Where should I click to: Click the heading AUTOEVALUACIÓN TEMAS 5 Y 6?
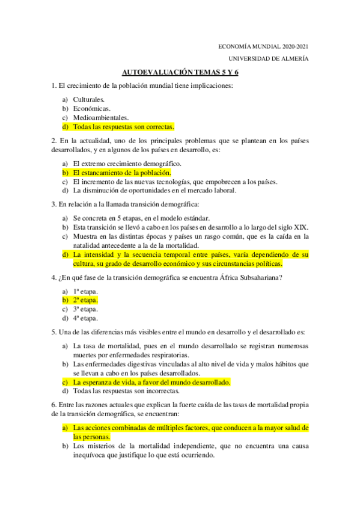coord(184,72)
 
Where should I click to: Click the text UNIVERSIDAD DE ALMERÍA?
coord(269,58)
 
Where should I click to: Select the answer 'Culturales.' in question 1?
coord(89,99)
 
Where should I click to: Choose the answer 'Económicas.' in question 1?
coord(91,108)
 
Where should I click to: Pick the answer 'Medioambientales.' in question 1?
coord(101,118)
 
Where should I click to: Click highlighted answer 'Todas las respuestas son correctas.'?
coord(123,127)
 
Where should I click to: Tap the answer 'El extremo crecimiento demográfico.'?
coord(127,163)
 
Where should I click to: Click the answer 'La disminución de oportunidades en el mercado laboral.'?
coord(154,191)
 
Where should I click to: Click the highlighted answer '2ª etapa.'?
coord(85,300)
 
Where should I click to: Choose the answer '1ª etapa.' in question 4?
coord(85,290)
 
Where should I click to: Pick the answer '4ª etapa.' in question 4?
coord(85,318)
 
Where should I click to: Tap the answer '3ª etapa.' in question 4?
coord(85,309)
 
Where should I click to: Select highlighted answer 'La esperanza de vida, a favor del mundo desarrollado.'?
coord(151,382)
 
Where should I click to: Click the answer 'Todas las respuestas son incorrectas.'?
coord(128,391)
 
